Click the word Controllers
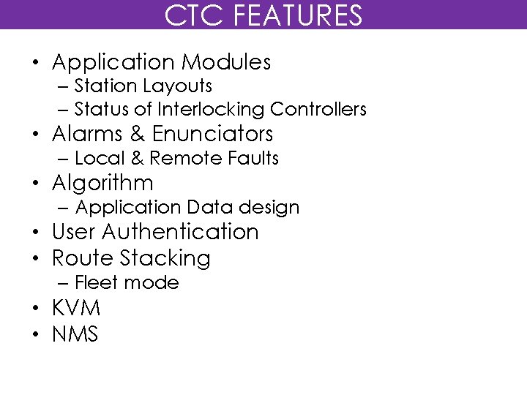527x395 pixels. [x=318, y=110]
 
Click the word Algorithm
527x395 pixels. [x=102, y=183]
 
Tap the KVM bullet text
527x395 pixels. [x=76, y=307]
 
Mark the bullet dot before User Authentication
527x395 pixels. [x=35, y=233]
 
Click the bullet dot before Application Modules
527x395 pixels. [x=35, y=64]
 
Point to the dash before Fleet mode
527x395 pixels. [x=63, y=283]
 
